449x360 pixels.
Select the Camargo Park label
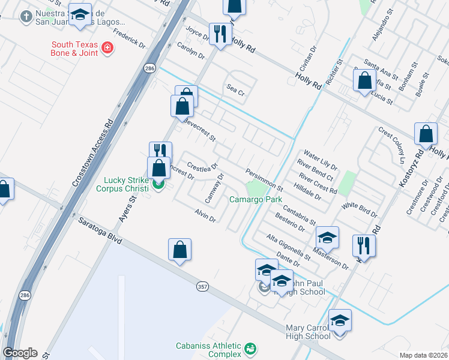254,199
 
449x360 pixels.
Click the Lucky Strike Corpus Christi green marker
158,184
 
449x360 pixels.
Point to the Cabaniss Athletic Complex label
208,350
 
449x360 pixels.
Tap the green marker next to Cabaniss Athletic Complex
251,348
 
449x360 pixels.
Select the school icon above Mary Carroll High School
340,320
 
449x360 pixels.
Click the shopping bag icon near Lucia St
364,80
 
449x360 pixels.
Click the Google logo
20,353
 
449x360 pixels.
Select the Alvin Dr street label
205,215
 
